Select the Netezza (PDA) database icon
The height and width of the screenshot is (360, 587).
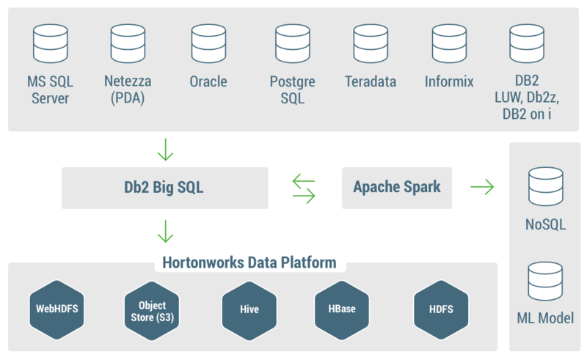tap(128, 44)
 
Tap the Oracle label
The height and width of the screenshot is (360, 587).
tap(208, 81)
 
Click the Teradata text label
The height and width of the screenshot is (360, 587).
tap(371, 81)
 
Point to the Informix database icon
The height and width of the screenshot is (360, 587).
tap(449, 44)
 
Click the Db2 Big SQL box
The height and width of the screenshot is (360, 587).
tap(164, 187)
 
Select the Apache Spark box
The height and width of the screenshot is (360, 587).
tap(397, 187)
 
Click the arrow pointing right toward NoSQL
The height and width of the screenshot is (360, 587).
tap(482, 188)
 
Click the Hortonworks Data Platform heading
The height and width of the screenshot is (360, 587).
tap(249, 262)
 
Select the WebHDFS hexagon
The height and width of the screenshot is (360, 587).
tap(54, 309)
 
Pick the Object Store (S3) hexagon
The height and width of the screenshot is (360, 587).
tap(151, 309)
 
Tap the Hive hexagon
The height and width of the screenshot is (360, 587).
tap(249, 309)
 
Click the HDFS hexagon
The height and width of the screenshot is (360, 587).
tap(440, 309)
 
